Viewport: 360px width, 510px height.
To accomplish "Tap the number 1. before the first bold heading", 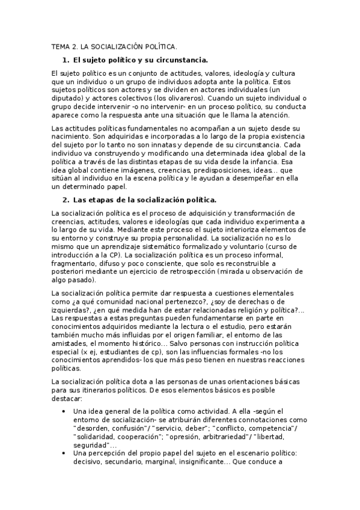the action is click(x=66, y=60).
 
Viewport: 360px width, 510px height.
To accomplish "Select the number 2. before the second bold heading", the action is click(x=66, y=200).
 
